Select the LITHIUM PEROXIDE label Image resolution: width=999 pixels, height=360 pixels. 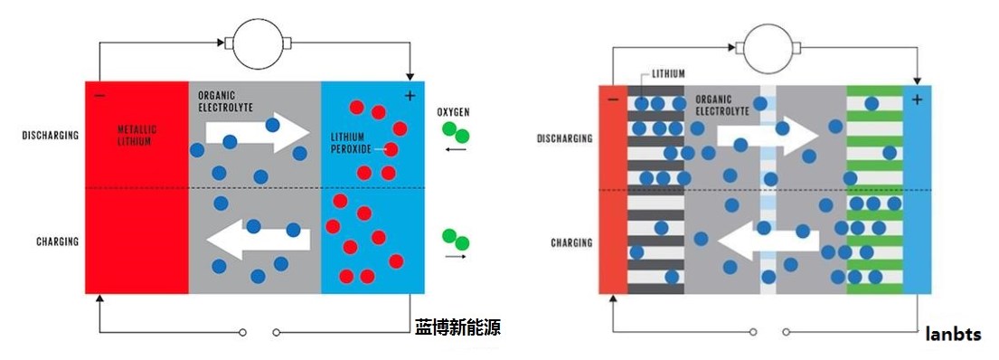click(x=351, y=142)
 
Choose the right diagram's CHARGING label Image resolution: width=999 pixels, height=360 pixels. click(x=571, y=242)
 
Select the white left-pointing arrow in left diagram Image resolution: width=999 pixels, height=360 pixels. click(x=258, y=239)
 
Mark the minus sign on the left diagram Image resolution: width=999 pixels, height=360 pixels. click(x=99, y=95)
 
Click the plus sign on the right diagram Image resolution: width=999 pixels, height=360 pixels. click(x=917, y=99)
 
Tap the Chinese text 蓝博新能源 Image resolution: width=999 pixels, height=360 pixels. click(x=457, y=327)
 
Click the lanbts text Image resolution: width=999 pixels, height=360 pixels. click(x=953, y=335)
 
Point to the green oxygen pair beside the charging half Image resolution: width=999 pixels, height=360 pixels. click(x=456, y=239)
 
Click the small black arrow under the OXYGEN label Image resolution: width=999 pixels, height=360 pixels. click(x=456, y=149)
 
